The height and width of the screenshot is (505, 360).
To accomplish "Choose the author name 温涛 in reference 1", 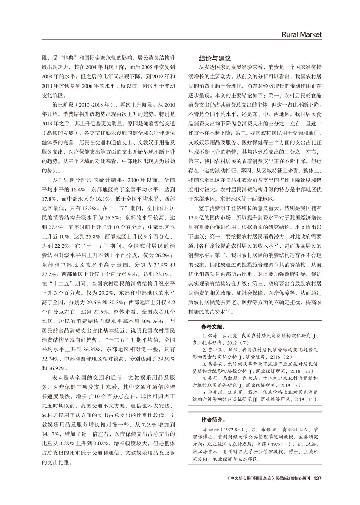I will click(213, 337).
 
